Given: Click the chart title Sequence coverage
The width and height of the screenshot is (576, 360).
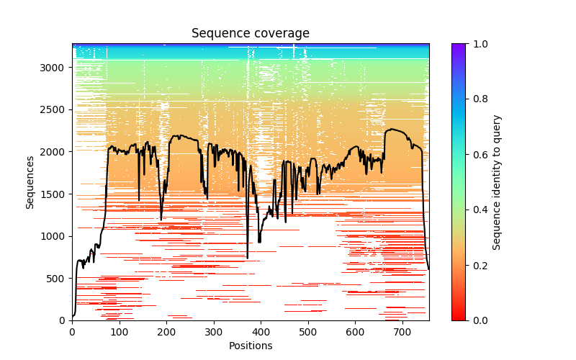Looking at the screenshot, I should point(250,34).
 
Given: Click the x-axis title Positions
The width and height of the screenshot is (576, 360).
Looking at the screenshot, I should point(250,346).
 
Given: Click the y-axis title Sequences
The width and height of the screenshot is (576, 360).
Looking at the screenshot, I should point(30,181).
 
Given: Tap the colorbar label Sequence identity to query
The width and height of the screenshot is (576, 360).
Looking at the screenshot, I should point(497,181).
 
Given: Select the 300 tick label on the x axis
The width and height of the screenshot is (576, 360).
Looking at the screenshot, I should point(214,332).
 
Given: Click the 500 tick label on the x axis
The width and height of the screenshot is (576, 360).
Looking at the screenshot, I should point(308,332).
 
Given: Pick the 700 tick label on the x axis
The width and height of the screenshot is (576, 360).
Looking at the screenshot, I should point(402,332).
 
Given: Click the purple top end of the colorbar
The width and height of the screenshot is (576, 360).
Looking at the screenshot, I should point(458,45).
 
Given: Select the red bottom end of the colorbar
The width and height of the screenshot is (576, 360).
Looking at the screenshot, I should point(458,318).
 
